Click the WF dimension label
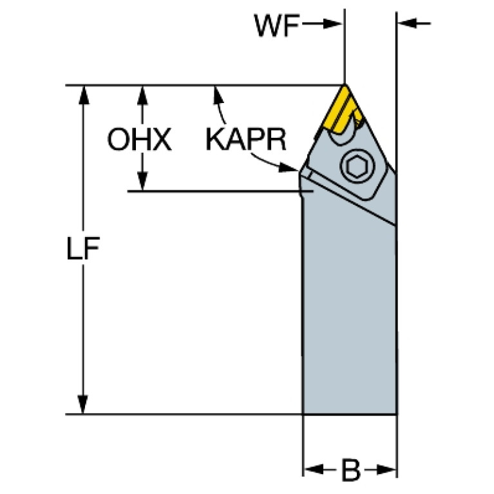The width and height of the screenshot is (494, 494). pos(277,26)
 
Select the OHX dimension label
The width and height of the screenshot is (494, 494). pos(140,139)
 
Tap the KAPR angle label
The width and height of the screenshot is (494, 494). pos(246,139)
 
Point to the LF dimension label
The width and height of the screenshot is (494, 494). pos(83,249)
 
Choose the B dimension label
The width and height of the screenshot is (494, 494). pos(350,471)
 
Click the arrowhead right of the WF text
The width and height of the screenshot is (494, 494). pos(332,24)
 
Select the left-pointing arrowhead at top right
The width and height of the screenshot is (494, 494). pos(407,23)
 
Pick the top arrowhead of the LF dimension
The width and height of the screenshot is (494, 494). pos(83,95)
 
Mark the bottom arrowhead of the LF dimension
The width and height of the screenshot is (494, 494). pos(82,404)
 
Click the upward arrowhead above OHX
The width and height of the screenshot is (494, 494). pos(143,95)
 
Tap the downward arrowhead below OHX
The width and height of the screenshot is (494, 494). pos(143,181)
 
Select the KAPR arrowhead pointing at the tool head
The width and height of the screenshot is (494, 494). pos(289,167)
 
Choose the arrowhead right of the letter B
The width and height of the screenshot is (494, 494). pos(386,470)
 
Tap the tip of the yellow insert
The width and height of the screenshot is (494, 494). pos(345,85)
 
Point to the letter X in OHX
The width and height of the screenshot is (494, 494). pos(160,139)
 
